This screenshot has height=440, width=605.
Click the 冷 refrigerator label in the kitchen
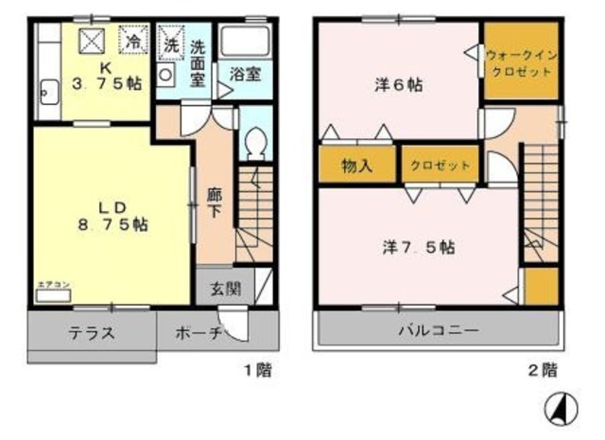(134, 42)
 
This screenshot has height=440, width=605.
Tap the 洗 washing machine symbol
(170, 43)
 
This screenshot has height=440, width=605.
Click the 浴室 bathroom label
(245, 75)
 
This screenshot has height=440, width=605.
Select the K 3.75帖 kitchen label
(108, 76)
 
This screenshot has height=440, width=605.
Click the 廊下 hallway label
(215, 198)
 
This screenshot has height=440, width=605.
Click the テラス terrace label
(91, 333)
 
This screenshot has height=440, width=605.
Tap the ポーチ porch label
(199, 333)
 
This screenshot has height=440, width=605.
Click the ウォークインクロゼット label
(520, 63)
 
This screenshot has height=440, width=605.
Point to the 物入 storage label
(356, 165)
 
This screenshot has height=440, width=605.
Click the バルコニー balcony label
(437, 332)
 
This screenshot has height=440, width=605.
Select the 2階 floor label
(542, 370)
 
